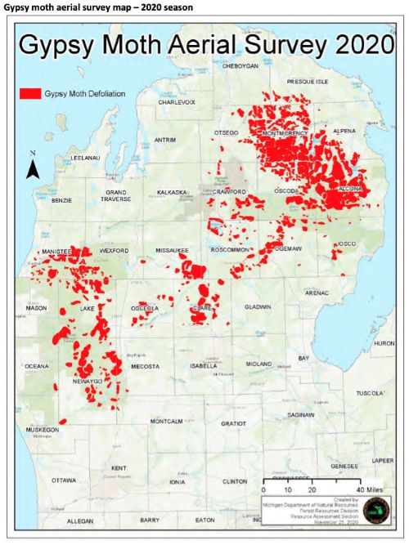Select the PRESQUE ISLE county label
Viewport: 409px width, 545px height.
[x=307, y=82]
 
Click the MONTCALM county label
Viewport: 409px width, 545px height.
[x=169, y=422]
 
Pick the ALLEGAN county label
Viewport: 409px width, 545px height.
[x=80, y=520]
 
